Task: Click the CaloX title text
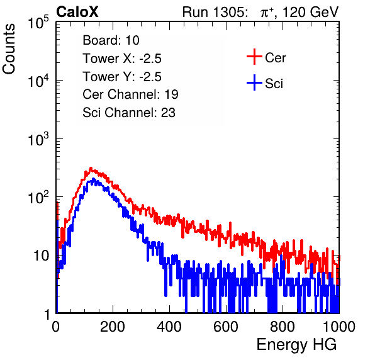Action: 77,12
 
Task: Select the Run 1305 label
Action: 215,12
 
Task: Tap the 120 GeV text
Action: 310,12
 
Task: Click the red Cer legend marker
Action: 254,57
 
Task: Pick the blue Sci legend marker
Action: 254,82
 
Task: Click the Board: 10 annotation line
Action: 111,40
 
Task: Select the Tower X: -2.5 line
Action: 122,59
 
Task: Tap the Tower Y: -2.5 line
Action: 122,77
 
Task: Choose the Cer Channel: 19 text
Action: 130,94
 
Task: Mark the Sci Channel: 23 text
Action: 129,113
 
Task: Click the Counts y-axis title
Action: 9,49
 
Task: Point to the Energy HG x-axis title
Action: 296,345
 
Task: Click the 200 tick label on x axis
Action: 113,327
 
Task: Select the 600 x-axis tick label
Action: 226,327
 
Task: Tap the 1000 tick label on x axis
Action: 339,327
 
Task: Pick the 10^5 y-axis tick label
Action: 38,23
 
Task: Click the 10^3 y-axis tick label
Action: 38,140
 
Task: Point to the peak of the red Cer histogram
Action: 91,168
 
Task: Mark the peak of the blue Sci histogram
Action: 94,179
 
